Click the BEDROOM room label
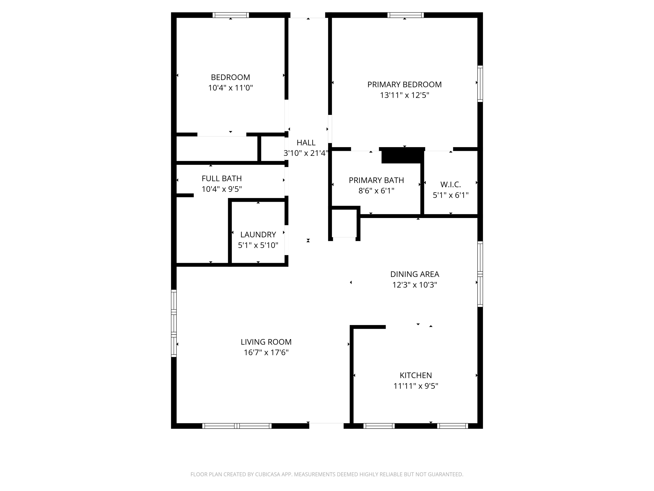click(230, 77)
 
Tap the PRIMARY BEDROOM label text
click(404, 85)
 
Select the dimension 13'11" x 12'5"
click(404, 95)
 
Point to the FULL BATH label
click(221, 179)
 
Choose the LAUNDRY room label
click(258, 235)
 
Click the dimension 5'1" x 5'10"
click(258, 245)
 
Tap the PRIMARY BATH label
click(376, 180)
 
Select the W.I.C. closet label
click(450, 185)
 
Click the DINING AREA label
click(414, 274)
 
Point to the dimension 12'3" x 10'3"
click(414, 285)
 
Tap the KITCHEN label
click(416, 376)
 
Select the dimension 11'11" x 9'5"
click(416, 386)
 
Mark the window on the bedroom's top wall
click(231, 15)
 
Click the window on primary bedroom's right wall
click(480, 84)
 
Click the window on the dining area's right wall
click(480, 274)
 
